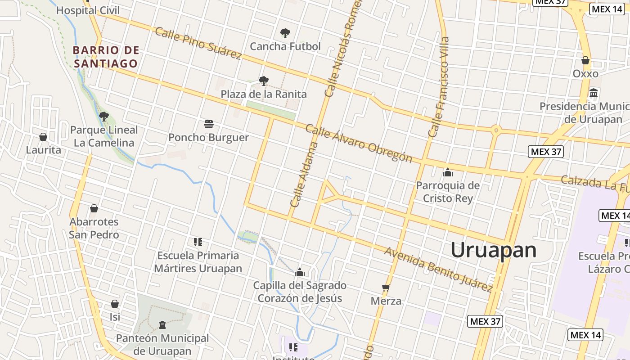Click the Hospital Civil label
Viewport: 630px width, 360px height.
click(88, 10)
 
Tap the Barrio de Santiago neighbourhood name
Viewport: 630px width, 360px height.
click(106, 57)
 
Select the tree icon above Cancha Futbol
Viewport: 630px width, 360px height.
click(285, 33)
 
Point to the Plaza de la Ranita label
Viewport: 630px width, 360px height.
click(264, 94)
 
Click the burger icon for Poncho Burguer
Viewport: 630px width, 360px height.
click(208, 124)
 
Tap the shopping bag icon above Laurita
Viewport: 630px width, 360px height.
click(43, 136)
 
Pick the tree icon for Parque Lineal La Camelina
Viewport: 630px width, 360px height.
click(104, 117)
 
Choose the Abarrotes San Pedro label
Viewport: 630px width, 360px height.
click(94, 228)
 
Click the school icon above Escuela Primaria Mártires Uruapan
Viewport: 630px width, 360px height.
click(198, 242)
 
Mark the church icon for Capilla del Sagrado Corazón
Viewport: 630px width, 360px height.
click(300, 272)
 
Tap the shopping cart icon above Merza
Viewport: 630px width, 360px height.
click(386, 288)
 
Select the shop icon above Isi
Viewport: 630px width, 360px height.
click(115, 304)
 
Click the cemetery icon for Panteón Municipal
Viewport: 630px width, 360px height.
click(162, 324)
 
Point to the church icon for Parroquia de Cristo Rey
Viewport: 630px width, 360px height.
click(447, 172)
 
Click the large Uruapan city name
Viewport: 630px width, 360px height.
click(494, 250)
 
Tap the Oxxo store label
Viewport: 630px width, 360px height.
click(585, 73)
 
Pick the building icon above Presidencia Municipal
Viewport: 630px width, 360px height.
click(594, 93)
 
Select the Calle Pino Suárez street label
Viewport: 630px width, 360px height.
click(198, 43)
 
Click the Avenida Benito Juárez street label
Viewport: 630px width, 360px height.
click(438, 269)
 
